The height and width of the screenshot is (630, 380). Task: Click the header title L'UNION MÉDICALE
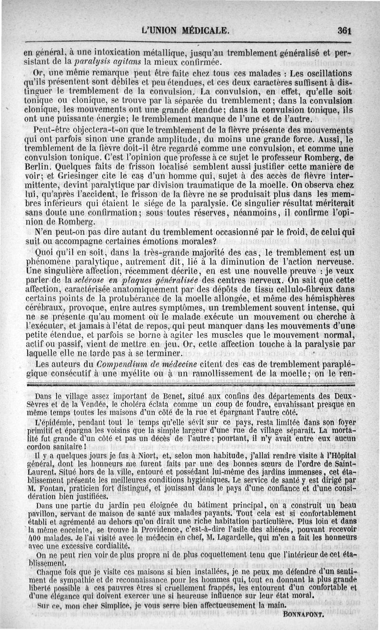tap(185, 31)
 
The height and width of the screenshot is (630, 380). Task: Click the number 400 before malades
tap(35, 537)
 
